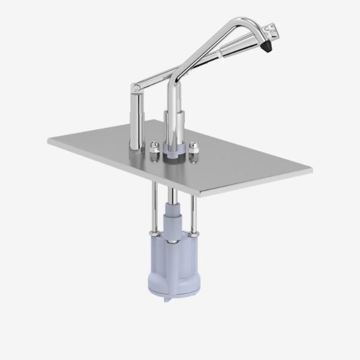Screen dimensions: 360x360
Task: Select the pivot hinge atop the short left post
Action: (137, 88)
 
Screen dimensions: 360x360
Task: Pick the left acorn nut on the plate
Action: (154, 146)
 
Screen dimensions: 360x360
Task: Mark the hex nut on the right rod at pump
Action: (195, 235)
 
